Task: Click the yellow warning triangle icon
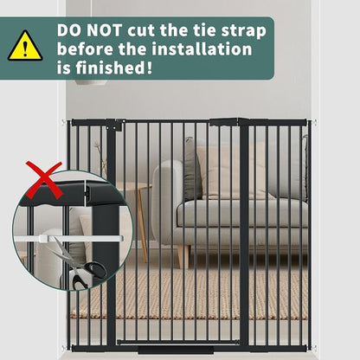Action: [x=25, y=47]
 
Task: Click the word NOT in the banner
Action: [x=106, y=30]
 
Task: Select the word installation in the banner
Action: [x=202, y=49]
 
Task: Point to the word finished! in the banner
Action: [x=114, y=67]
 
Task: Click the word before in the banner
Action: [x=85, y=49]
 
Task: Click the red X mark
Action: [x=44, y=180]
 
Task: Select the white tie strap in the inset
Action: [x=68, y=239]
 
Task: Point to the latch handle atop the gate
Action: [x=224, y=122]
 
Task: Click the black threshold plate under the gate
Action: [x=176, y=350]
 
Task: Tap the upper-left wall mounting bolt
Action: [x=63, y=122]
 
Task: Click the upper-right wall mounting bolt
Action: [x=314, y=122]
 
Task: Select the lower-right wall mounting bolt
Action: [x=314, y=348]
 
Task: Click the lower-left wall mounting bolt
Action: [x=63, y=348]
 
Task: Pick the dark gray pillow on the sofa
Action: [x=192, y=170]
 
